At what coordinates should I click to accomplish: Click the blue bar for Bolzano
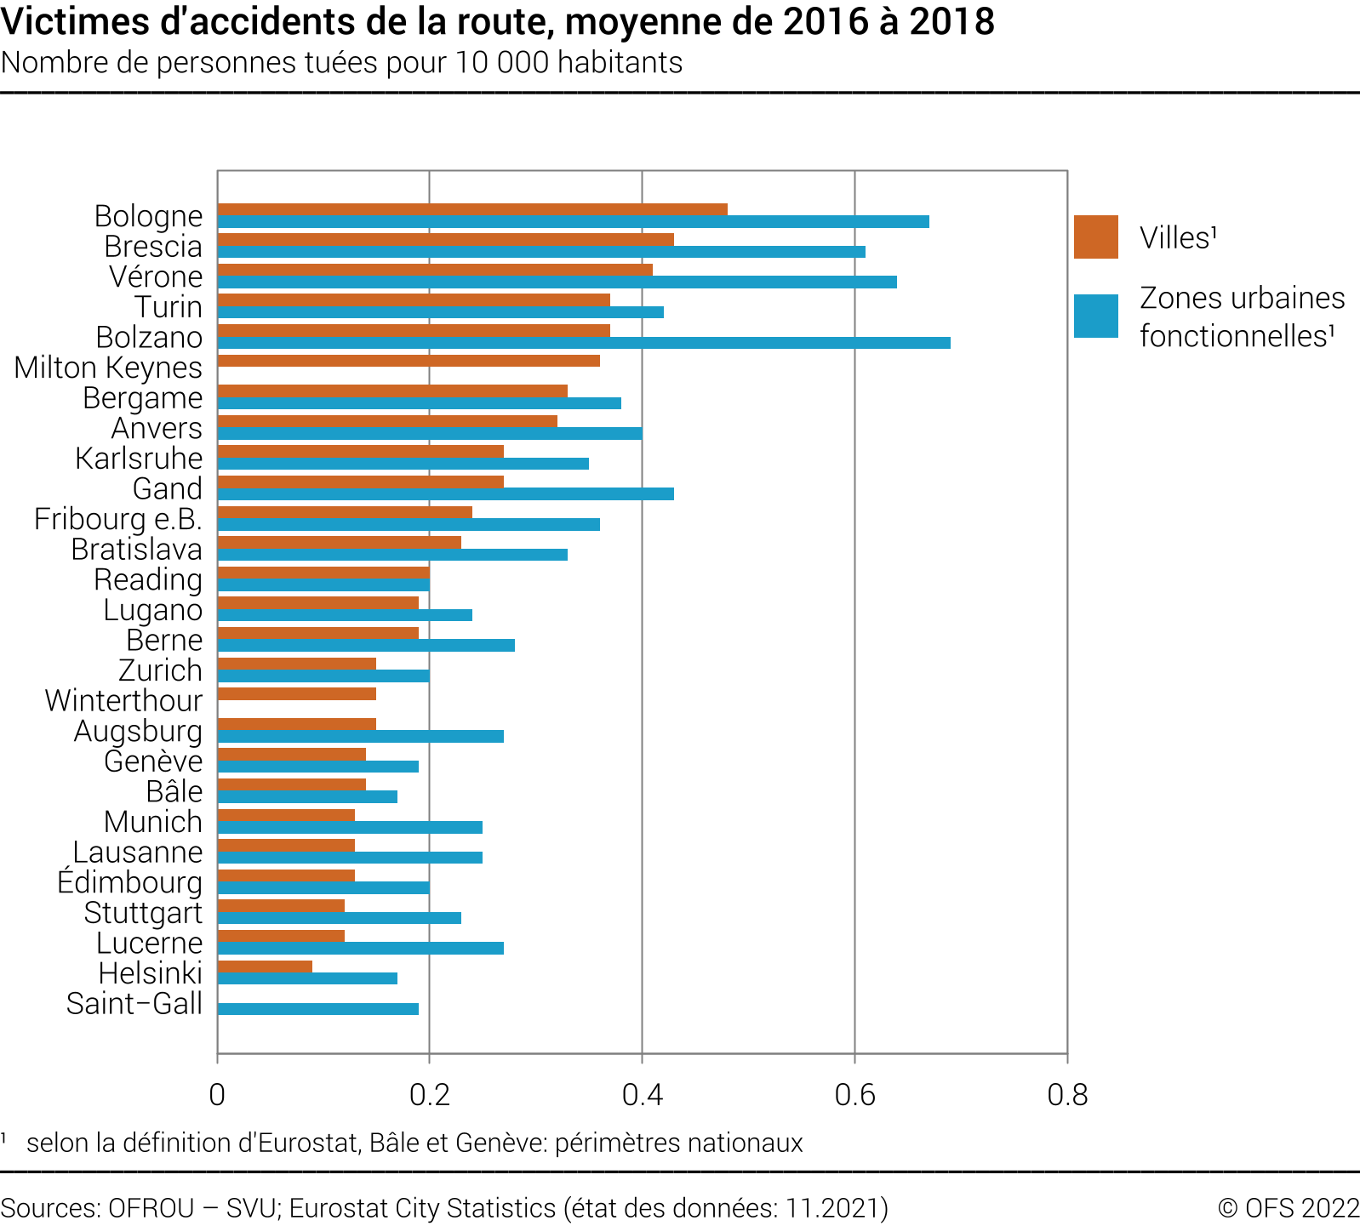click(584, 343)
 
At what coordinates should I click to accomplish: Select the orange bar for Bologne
click(472, 209)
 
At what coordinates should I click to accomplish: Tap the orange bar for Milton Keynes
click(409, 361)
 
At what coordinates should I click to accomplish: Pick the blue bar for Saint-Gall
click(317, 1009)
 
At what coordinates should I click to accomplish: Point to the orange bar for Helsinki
click(265, 967)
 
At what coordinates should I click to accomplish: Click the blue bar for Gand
click(445, 494)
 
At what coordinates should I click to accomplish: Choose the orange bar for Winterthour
click(296, 694)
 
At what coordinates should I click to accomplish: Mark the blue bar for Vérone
click(557, 282)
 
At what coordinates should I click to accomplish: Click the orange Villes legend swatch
click(1095, 237)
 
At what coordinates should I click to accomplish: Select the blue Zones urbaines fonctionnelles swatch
click(1095, 316)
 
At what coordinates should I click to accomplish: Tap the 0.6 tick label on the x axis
click(854, 1095)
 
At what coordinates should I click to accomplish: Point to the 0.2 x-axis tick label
click(429, 1095)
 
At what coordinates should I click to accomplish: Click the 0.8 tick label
click(1067, 1095)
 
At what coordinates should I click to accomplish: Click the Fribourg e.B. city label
click(118, 519)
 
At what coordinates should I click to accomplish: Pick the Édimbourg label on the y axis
click(129, 882)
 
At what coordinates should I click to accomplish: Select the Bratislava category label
click(136, 550)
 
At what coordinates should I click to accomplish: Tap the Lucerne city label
click(149, 943)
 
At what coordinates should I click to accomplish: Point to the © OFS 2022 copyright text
click(1288, 1208)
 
